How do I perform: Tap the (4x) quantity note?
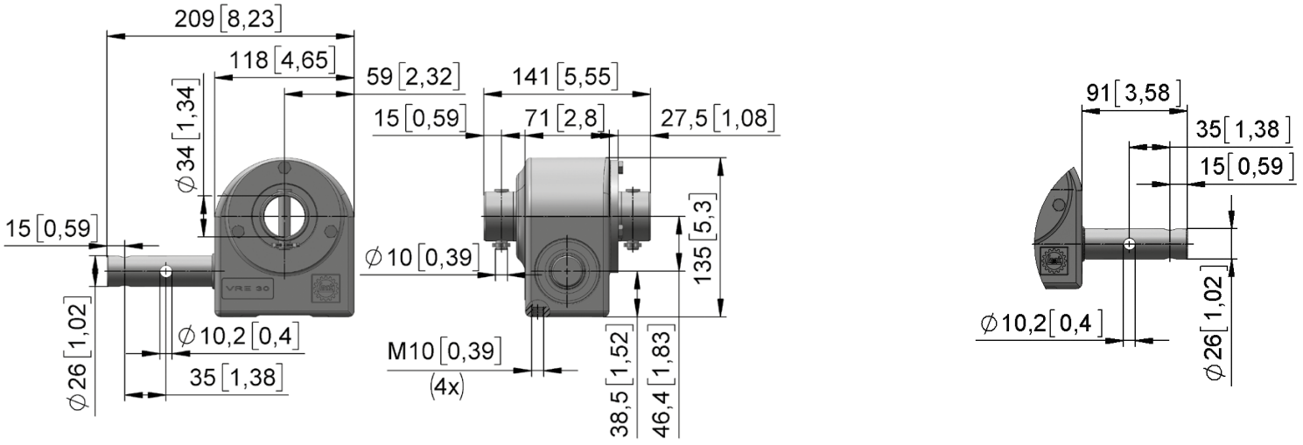click(x=447, y=386)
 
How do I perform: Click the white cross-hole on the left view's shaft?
click(x=165, y=271)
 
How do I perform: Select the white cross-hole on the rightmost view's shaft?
click(x=1129, y=244)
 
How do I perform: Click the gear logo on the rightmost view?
click(x=1054, y=261)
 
